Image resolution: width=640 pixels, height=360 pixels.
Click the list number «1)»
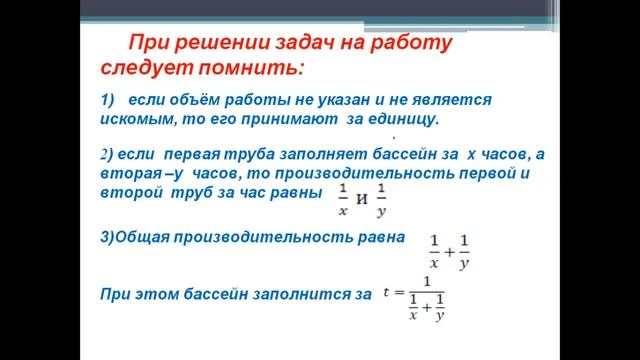coord(110,101)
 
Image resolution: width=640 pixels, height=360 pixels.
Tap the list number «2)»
coord(109,155)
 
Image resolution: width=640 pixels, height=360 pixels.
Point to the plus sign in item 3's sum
coord(449,253)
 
